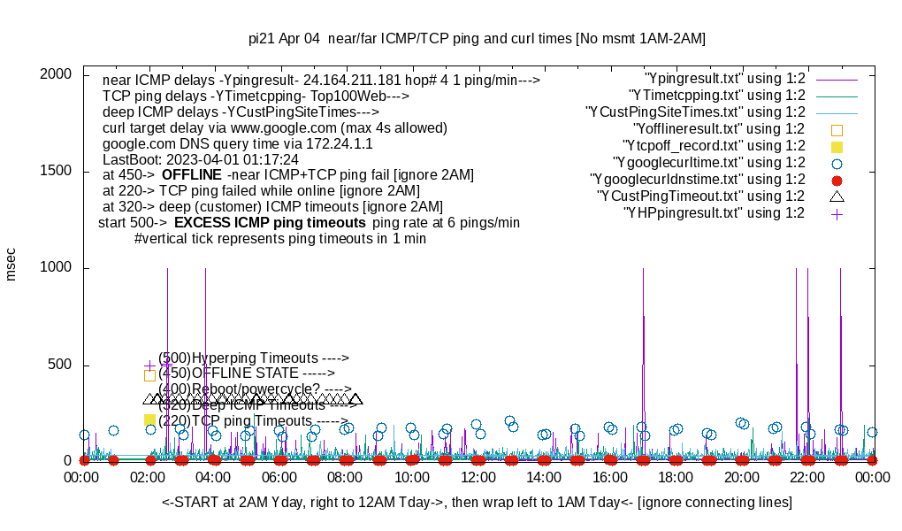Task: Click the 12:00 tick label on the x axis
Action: point(478,478)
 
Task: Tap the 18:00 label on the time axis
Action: point(676,478)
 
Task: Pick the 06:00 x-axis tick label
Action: point(280,478)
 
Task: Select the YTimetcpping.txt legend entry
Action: point(717,95)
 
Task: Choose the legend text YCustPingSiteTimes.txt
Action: point(695,112)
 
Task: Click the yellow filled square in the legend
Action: point(837,146)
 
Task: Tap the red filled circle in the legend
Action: point(837,180)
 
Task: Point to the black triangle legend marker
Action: point(837,196)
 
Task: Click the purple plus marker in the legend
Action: point(837,213)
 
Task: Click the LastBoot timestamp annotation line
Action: point(201,159)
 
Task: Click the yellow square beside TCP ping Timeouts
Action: point(149,420)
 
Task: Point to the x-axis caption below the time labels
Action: point(477,503)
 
